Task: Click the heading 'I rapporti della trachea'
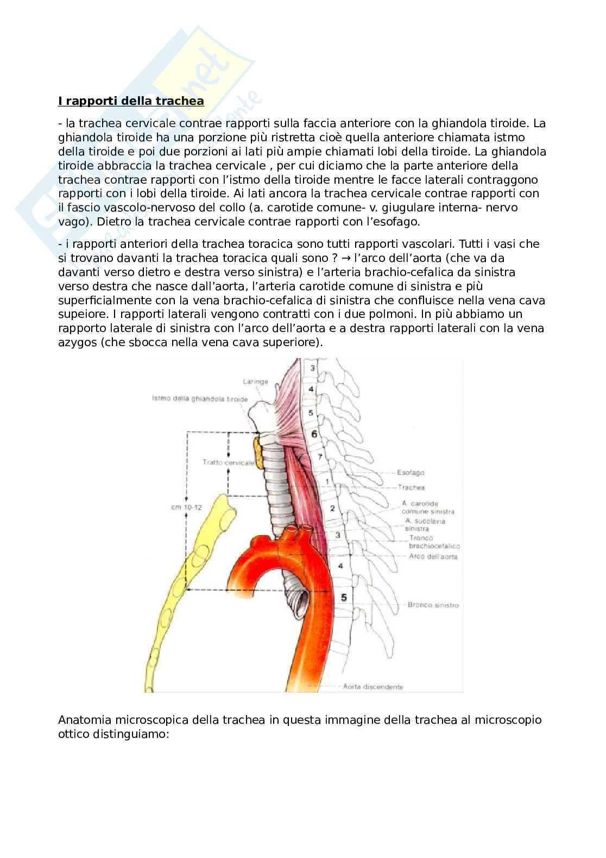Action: [x=131, y=101]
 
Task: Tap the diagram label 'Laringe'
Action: [x=255, y=381]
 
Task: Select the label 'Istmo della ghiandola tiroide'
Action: [x=200, y=399]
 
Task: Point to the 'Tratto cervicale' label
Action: [x=228, y=462]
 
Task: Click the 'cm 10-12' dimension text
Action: [x=186, y=508]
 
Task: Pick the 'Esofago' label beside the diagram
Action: [x=411, y=473]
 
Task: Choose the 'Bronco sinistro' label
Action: [x=432, y=605]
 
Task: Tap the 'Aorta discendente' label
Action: [x=373, y=686]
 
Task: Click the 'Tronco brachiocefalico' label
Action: [x=434, y=542]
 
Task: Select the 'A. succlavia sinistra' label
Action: [x=425, y=525]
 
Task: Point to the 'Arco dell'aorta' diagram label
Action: [x=434, y=556]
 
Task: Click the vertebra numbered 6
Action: [x=313, y=435]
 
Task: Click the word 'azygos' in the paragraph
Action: [x=77, y=342]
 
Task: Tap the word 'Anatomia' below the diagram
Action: [x=84, y=720]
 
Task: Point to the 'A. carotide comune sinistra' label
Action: [x=428, y=508]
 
